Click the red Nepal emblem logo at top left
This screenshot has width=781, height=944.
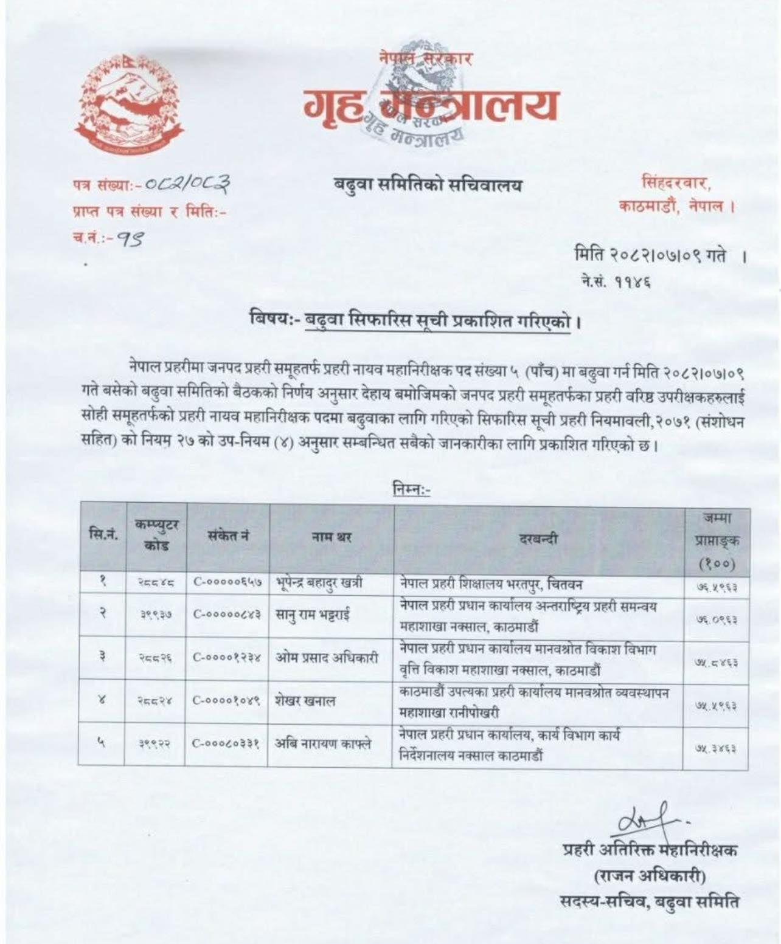(129, 105)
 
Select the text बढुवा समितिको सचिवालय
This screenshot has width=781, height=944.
(427, 184)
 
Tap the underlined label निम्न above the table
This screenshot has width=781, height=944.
(412, 489)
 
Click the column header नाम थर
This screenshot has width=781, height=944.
(331, 536)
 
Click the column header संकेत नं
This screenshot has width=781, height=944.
(227, 536)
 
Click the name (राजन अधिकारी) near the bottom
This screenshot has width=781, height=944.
(649, 876)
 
